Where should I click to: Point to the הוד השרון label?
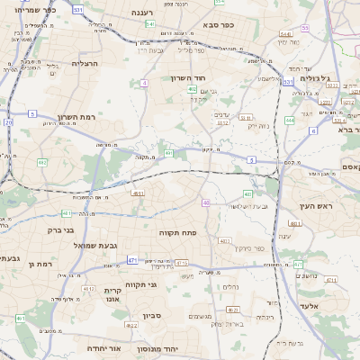tap(190, 78)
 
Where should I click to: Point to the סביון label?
tap(150, 316)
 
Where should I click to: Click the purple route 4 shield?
tap(144, 83)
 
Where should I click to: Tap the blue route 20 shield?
tap(8, 121)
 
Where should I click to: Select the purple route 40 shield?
tap(206, 203)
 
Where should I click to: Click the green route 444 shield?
tap(290, 120)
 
